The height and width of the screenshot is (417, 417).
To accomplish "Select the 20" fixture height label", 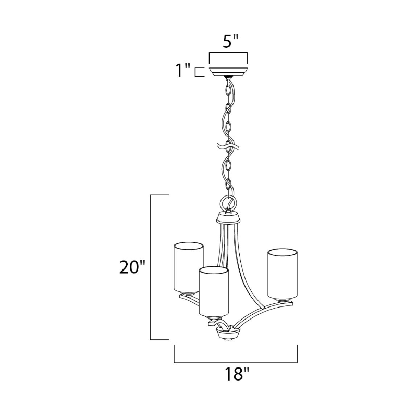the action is coord(132,267).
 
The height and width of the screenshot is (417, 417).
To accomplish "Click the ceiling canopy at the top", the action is coord(228,71).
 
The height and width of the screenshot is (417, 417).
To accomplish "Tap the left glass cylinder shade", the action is coord(189,267).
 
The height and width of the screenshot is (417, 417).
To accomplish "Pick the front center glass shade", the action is coord(214,292).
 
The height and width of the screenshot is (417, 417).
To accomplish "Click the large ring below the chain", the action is coord(229,204).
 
